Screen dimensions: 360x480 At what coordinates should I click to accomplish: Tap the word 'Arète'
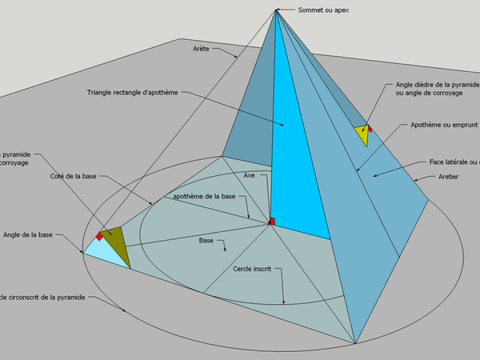pos(202,49)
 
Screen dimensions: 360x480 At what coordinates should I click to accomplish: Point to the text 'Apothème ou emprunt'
pos(443,126)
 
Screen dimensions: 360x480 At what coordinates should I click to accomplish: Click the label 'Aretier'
pos(449,177)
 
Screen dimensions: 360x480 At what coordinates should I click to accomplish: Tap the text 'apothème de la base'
pos(204,197)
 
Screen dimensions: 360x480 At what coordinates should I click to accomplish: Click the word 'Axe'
pos(249,174)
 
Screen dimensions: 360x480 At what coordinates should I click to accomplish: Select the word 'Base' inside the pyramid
pos(206,240)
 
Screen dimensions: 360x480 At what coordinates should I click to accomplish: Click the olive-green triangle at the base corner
pos(115,245)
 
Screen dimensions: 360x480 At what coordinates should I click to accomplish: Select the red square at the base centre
pos(272,221)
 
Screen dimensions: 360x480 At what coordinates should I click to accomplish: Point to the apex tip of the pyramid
pos(276,10)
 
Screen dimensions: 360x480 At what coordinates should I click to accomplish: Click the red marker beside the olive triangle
pos(99,236)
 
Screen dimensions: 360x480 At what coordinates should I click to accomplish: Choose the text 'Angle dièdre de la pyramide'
pos(437,83)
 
